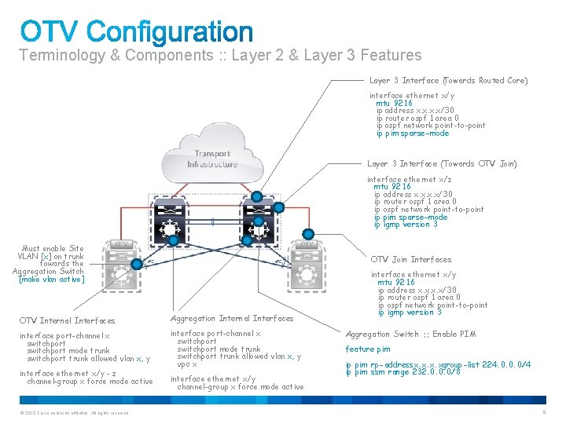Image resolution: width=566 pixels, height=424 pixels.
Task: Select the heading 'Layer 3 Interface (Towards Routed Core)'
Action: [x=448, y=80]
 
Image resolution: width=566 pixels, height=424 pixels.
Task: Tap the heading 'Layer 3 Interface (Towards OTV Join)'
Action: [x=442, y=164]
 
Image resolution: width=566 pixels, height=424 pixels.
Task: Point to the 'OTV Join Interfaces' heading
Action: [x=411, y=259]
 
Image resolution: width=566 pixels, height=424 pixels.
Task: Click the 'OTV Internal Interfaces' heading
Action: [x=67, y=320]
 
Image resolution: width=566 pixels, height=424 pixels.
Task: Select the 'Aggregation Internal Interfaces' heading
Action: [x=232, y=318]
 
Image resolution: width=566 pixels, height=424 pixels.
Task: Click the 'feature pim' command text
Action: [x=368, y=349]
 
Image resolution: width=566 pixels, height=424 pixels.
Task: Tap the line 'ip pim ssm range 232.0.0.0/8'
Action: [x=403, y=371]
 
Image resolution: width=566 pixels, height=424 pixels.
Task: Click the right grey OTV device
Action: [x=303, y=263]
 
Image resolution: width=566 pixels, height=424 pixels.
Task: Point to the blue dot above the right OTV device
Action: [x=309, y=232]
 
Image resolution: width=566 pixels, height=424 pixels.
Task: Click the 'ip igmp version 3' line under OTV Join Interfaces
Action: [x=410, y=313]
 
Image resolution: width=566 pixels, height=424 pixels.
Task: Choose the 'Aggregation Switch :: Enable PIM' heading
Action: [x=411, y=334]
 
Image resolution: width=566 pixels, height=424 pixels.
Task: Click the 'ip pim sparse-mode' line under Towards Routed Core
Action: [x=413, y=133]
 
